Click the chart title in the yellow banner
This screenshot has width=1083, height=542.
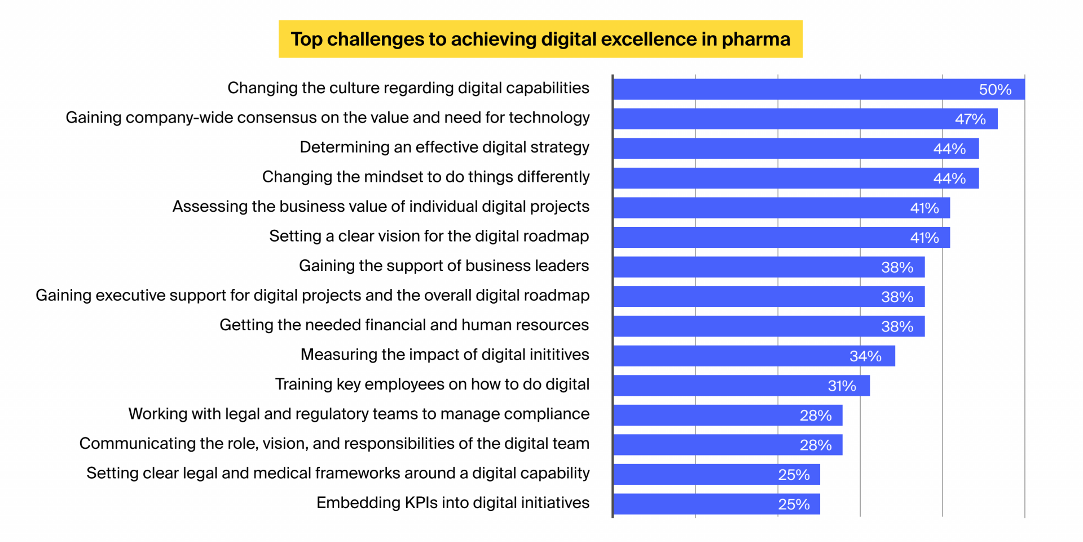point(540,39)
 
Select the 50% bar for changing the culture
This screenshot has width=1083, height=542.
point(818,89)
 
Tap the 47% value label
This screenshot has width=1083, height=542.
point(970,119)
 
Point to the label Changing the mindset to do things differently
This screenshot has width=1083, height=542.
point(426,177)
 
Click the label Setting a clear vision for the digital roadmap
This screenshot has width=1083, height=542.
point(429,236)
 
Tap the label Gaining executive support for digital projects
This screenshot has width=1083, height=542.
point(312,295)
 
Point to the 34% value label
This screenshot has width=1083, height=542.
point(865,356)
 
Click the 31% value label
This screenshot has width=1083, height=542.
point(842,386)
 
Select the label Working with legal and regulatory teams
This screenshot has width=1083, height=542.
point(359,414)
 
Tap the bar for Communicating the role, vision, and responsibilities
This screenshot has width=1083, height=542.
point(728,445)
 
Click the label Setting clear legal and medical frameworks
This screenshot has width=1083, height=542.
point(338,473)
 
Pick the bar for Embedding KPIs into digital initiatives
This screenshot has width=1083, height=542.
point(716,504)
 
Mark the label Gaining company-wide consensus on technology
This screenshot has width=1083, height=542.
point(328,117)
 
